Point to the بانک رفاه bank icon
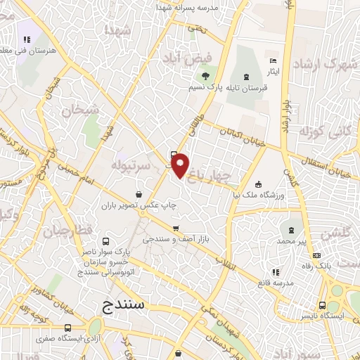tap(317, 255)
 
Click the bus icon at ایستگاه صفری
tap(68, 328)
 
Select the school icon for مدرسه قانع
tap(274, 271)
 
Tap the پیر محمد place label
tap(292, 241)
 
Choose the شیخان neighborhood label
tap(77, 110)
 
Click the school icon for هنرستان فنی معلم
tap(27, 40)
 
